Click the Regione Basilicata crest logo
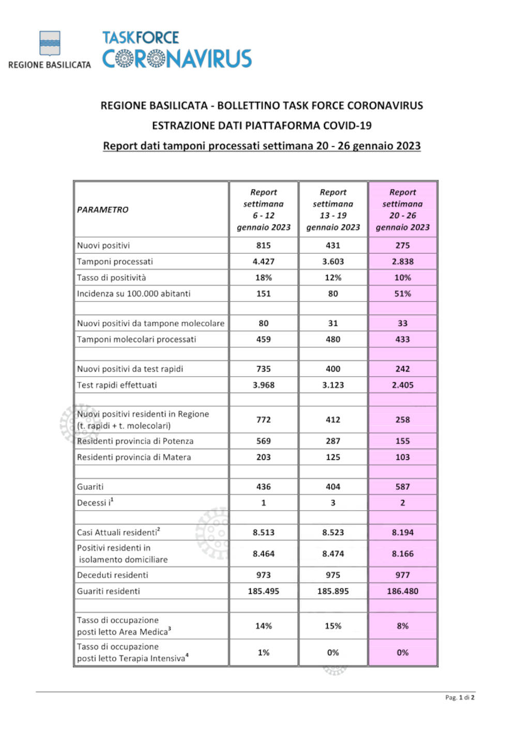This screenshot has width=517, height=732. pyautogui.click(x=50, y=43)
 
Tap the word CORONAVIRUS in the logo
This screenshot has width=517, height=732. pyautogui.click(x=177, y=59)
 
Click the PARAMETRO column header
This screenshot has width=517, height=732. pyautogui.click(x=103, y=210)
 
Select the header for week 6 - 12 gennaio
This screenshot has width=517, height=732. pyautogui.click(x=264, y=210)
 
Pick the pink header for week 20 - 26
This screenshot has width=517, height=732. pyautogui.click(x=403, y=210)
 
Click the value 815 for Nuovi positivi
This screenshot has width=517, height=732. pyautogui.click(x=264, y=245)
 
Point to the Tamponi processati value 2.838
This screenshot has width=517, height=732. pyautogui.click(x=403, y=261)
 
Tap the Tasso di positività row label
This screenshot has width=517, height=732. pyautogui.click(x=112, y=277)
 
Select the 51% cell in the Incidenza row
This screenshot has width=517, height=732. pyautogui.click(x=403, y=293)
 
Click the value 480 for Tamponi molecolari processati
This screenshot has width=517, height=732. pyautogui.click(x=333, y=339)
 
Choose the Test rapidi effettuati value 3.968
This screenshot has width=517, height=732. pyautogui.click(x=264, y=385)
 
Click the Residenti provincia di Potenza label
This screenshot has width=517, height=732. pyautogui.click(x=135, y=441)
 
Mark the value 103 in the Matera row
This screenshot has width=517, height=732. pyautogui.click(x=403, y=457)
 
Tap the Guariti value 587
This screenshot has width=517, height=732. pyautogui.click(x=403, y=487)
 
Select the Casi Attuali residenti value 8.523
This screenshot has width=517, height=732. pyautogui.click(x=333, y=532)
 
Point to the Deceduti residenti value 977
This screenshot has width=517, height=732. pyautogui.click(x=403, y=575)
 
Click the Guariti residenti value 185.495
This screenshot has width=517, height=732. pyautogui.click(x=264, y=591)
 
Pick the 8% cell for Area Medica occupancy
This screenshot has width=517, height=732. pyautogui.click(x=403, y=626)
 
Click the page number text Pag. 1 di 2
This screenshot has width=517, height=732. pyautogui.click(x=460, y=697)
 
